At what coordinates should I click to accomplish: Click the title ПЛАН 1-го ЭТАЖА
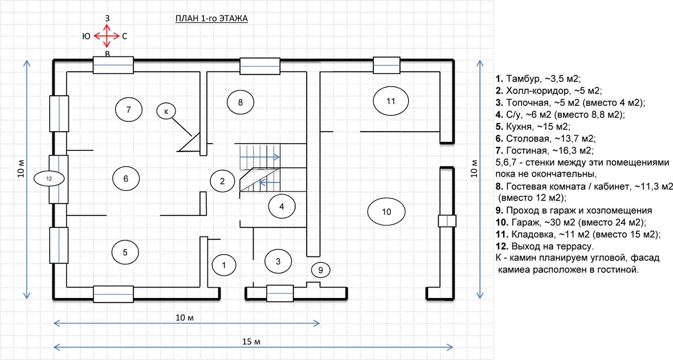(211, 18)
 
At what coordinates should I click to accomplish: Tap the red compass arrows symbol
(107, 36)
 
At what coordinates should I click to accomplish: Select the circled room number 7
(129, 109)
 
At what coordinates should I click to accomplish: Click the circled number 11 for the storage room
(390, 101)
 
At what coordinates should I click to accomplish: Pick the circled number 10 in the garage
(386, 211)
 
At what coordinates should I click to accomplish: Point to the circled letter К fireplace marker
(166, 112)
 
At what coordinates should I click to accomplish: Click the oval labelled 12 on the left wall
(49, 178)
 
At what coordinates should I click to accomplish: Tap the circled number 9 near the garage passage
(321, 270)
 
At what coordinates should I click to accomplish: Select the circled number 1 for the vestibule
(223, 265)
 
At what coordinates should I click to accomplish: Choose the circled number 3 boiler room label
(278, 261)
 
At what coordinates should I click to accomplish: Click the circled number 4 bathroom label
(282, 206)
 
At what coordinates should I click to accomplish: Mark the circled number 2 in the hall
(222, 181)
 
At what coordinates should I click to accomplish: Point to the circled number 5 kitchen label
(125, 252)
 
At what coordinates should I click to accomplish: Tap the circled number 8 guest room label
(240, 102)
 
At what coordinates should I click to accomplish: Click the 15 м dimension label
(251, 342)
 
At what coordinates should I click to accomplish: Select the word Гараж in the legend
(526, 223)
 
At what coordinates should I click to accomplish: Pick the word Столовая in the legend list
(528, 138)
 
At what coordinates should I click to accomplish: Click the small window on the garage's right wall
(447, 221)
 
